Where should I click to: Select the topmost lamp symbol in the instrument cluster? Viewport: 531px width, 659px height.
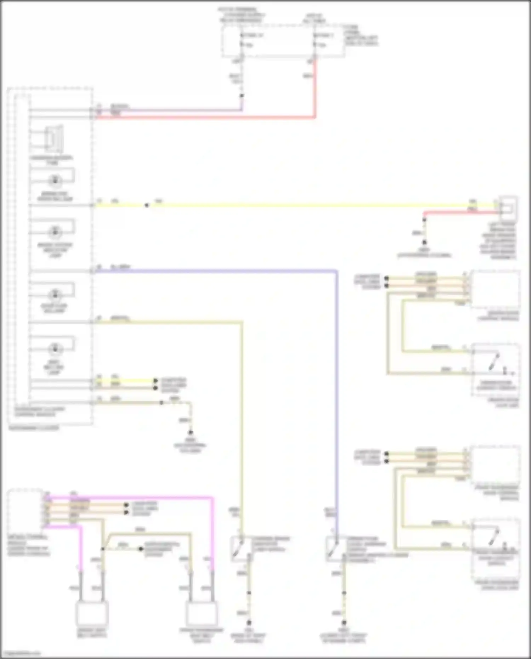point(55,181)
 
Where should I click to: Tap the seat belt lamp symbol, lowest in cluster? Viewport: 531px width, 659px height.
point(55,348)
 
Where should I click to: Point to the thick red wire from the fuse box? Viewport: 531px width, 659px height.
point(212,117)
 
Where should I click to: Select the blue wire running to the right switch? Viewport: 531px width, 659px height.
point(219,271)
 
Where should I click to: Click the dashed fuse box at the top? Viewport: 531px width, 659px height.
point(283,41)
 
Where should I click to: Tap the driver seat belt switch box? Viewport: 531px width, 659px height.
point(92,614)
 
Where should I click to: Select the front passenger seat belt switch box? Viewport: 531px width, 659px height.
point(202,614)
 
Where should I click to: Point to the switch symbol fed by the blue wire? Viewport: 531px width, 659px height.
point(333,549)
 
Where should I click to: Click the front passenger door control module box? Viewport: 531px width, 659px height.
point(496,464)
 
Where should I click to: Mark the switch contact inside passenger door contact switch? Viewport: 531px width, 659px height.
point(494,536)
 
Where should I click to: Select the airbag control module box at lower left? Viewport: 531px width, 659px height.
point(25,510)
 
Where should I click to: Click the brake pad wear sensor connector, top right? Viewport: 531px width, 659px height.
point(508,209)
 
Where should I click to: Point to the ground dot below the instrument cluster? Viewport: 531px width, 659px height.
point(190,432)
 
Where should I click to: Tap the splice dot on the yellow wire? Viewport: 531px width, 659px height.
point(147,205)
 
